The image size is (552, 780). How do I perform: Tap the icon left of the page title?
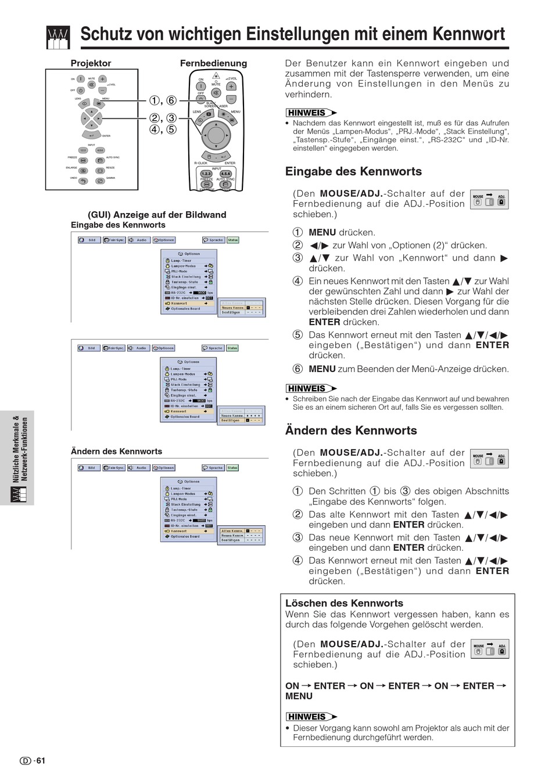tap(58, 37)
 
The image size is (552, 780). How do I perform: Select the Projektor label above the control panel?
tap(91, 63)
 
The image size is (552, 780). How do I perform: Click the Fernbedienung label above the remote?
tap(213, 63)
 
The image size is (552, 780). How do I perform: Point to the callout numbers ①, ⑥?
tap(163, 100)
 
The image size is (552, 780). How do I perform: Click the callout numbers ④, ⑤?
tap(163, 129)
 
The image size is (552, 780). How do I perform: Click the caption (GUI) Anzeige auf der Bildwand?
tap(157, 215)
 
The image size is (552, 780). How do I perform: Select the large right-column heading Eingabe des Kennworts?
tap(353, 172)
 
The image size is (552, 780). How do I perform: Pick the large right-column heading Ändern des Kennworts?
tap(351, 431)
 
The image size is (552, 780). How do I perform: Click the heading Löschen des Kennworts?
tap(344, 603)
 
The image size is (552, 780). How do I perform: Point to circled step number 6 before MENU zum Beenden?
tap(297, 369)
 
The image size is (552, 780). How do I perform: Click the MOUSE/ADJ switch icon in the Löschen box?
tap(490, 649)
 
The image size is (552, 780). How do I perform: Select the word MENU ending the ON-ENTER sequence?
tap(299, 696)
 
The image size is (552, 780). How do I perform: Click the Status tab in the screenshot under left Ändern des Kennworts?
tap(232, 468)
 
